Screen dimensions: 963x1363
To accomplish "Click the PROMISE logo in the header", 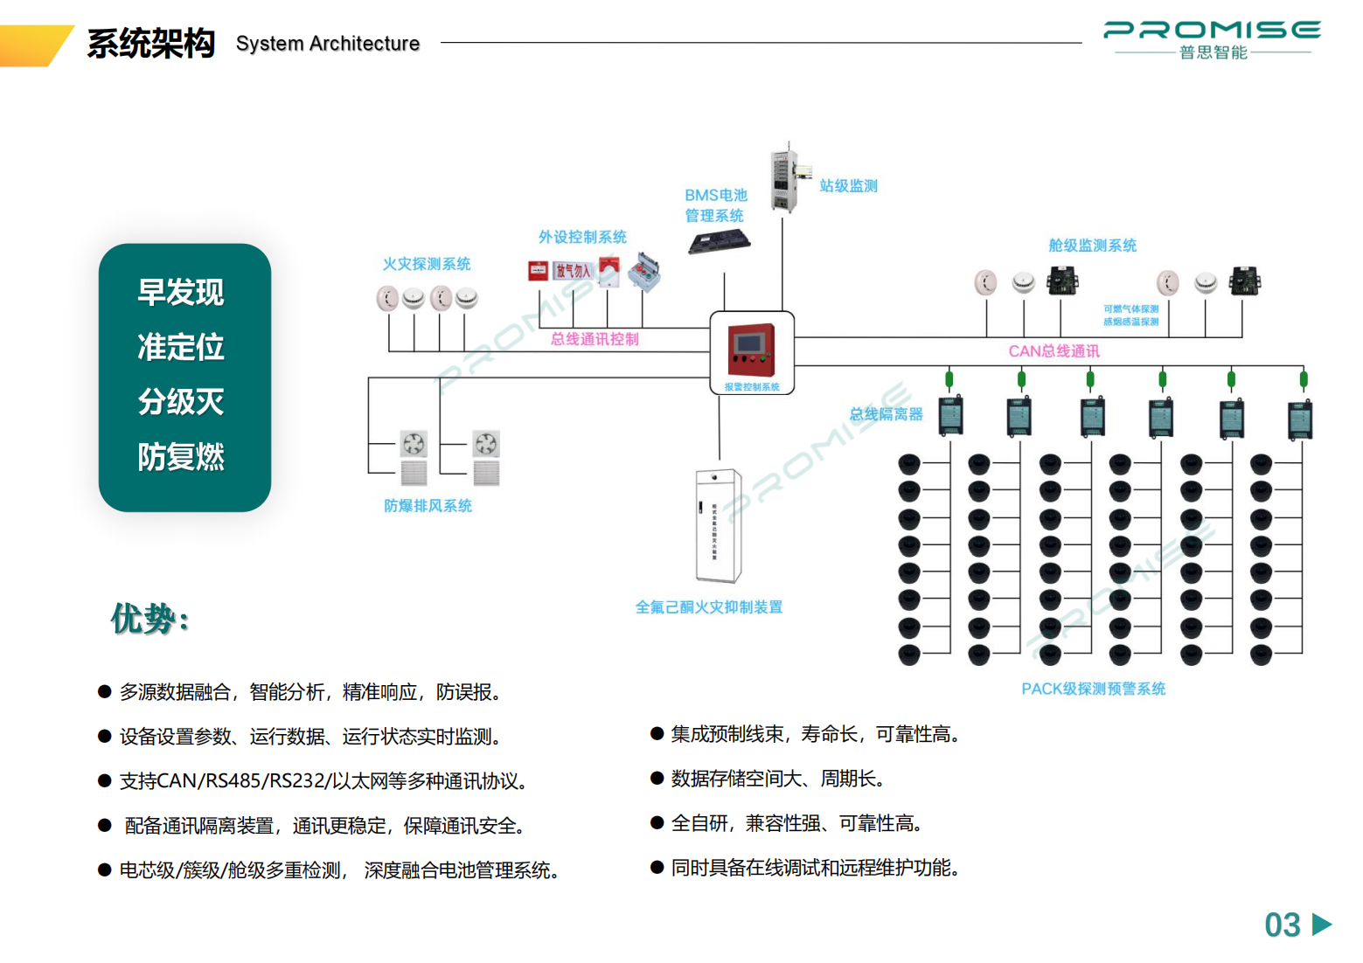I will pyautogui.click(x=1212, y=38).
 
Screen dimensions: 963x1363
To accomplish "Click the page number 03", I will pyautogui.click(x=1283, y=925).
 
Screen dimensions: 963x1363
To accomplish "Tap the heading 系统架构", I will pyautogui.click(x=151, y=43).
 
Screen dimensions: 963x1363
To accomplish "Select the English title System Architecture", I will pyautogui.click(x=328, y=44).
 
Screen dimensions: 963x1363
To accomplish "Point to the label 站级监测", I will pyautogui.click(x=848, y=186).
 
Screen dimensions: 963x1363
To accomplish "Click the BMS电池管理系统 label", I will pyautogui.click(x=715, y=205).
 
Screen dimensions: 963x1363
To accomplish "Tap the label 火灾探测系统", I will pyautogui.click(x=427, y=264).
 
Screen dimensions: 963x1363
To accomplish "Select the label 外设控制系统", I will pyautogui.click(x=582, y=237).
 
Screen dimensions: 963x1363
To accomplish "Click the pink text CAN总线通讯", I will pyautogui.click(x=1054, y=351).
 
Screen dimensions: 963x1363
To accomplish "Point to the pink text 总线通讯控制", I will pyautogui.click(x=595, y=339).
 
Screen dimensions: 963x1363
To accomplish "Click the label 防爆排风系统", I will pyautogui.click(x=428, y=506).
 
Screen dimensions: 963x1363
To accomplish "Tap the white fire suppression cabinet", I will pyautogui.click(x=718, y=525).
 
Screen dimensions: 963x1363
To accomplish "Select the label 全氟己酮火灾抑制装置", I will pyautogui.click(x=709, y=607).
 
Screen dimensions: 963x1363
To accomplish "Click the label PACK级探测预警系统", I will pyautogui.click(x=1093, y=689).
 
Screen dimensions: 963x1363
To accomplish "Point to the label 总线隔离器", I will pyautogui.click(x=886, y=414).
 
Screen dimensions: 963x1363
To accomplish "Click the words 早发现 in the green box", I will pyautogui.click(x=181, y=293).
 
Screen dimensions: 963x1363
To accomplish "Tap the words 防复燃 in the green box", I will pyautogui.click(x=181, y=457).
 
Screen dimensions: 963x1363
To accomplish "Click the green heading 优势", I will pyautogui.click(x=150, y=619).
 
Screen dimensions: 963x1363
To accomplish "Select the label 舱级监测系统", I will pyautogui.click(x=1093, y=246).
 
